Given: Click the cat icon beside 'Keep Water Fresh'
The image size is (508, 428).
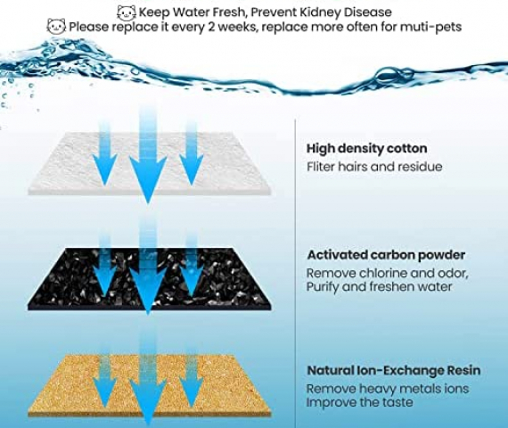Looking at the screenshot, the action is (126, 12).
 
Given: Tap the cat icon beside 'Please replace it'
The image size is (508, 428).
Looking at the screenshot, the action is (56, 27).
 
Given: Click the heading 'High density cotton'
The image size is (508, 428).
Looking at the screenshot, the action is (367, 149).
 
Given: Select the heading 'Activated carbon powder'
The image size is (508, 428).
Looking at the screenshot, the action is (386, 255).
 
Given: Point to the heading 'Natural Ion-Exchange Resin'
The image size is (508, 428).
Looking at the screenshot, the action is (394, 370).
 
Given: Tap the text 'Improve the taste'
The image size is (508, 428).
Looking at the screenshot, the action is (360, 402).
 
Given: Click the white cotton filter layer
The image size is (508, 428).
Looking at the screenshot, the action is (150, 163).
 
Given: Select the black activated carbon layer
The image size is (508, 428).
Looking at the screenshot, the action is (150, 279).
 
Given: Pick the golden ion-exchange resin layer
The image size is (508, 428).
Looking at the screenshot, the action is (150, 386).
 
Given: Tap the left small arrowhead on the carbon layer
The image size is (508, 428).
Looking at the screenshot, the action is (104, 282).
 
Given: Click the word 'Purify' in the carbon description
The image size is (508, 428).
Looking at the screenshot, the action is (322, 287).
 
